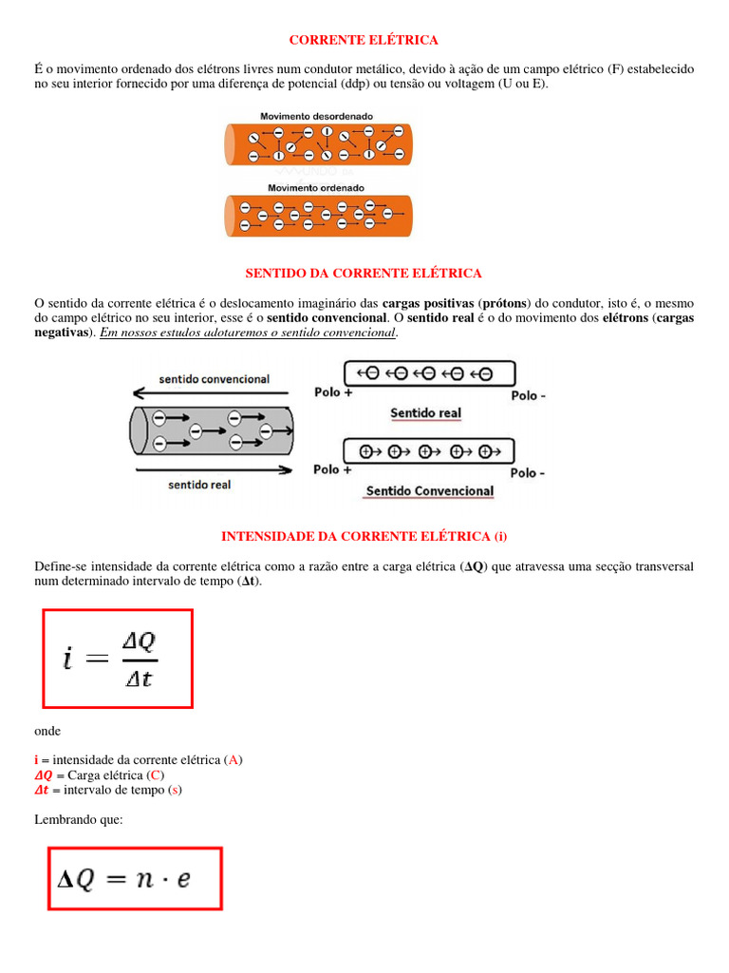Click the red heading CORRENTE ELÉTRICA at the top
click(364, 40)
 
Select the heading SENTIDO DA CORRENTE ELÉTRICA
click(364, 273)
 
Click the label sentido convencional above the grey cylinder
click(214, 378)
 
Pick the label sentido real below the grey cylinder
click(199, 485)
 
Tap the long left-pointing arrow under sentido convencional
click(212, 392)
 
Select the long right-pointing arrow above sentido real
click(212, 469)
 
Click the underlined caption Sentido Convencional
click(429, 491)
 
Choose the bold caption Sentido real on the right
click(426, 413)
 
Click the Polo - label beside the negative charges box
click(528, 395)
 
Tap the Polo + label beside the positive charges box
click(332, 469)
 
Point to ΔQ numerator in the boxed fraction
click(140, 641)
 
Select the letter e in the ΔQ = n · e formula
click(183, 879)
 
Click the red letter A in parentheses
click(234, 760)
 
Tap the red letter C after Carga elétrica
click(156, 775)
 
